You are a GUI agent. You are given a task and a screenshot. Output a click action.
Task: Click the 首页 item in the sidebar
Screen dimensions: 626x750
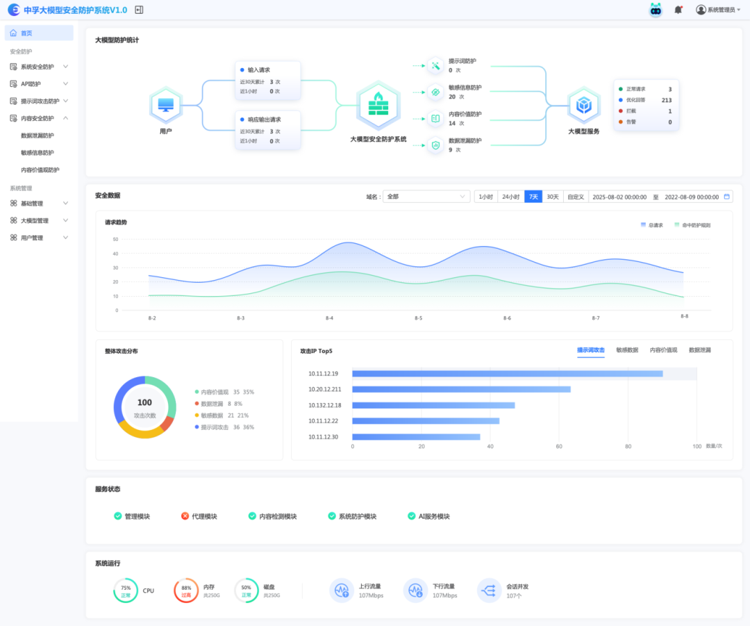coord(26,33)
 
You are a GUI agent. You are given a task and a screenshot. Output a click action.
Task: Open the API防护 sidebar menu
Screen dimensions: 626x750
coord(31,84)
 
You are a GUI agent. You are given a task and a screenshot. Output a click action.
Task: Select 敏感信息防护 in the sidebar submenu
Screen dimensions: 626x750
coord(37,153)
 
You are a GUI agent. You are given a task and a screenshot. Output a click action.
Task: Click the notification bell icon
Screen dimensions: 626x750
coord(678,10)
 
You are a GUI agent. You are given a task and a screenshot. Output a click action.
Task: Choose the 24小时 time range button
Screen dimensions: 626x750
coord(511,197)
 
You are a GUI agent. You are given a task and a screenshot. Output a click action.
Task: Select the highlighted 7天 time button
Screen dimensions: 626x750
coord(533,197)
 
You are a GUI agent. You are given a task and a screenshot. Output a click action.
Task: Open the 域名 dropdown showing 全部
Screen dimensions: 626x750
coord(426,197)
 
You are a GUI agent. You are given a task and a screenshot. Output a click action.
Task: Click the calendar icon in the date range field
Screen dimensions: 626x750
coord(727,197)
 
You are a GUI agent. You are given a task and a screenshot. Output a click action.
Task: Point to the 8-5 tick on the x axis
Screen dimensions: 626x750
coord(418,318)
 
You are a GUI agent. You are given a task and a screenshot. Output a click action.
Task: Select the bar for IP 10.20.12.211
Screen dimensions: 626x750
coord(461,389)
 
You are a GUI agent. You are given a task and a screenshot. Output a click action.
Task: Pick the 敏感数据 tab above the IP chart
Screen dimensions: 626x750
coord(627,350)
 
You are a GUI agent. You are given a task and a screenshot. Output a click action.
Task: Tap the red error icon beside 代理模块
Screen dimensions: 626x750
coord(185,516)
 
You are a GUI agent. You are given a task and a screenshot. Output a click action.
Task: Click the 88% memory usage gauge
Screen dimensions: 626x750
coord(186,591)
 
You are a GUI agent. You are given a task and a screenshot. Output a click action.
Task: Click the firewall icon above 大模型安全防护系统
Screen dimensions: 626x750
coord(378,106)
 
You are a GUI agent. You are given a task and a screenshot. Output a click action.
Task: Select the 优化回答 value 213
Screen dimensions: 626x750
coord(666,100)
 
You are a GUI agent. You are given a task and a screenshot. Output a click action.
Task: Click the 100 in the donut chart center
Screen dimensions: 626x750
coord(144,402)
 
